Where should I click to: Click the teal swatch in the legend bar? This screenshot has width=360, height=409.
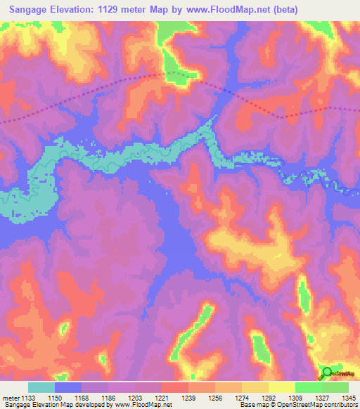pos(41,387)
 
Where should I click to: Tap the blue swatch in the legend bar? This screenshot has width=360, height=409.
pos(68,387)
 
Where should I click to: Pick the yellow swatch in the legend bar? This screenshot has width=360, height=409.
pos(282,387)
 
